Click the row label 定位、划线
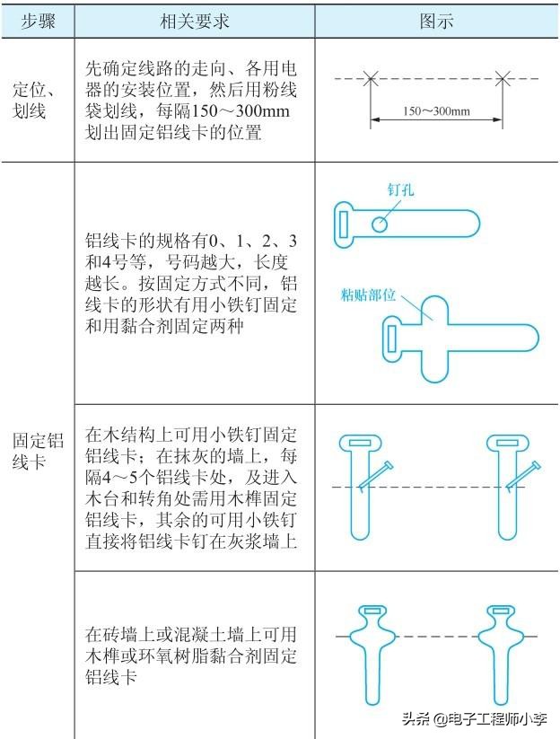pos(39,100)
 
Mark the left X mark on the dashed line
pos(371,79)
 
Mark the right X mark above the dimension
pos(503,79)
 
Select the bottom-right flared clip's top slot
pos(499,613)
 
